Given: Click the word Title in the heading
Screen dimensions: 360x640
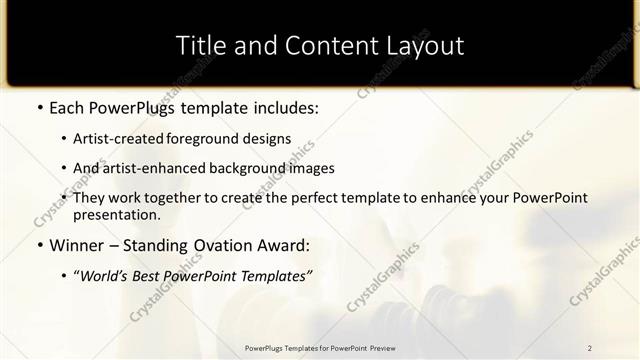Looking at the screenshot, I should point(198,46).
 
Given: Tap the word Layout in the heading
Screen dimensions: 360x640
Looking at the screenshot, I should point(428,46).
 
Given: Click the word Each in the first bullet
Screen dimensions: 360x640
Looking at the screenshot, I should point(66,107).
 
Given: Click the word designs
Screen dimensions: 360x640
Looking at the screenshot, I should point(266,138).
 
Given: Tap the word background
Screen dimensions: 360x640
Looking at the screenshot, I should point(239,168).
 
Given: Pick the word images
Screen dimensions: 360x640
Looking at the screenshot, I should point(310,168).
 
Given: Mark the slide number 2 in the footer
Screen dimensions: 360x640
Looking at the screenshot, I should point(590,348).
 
